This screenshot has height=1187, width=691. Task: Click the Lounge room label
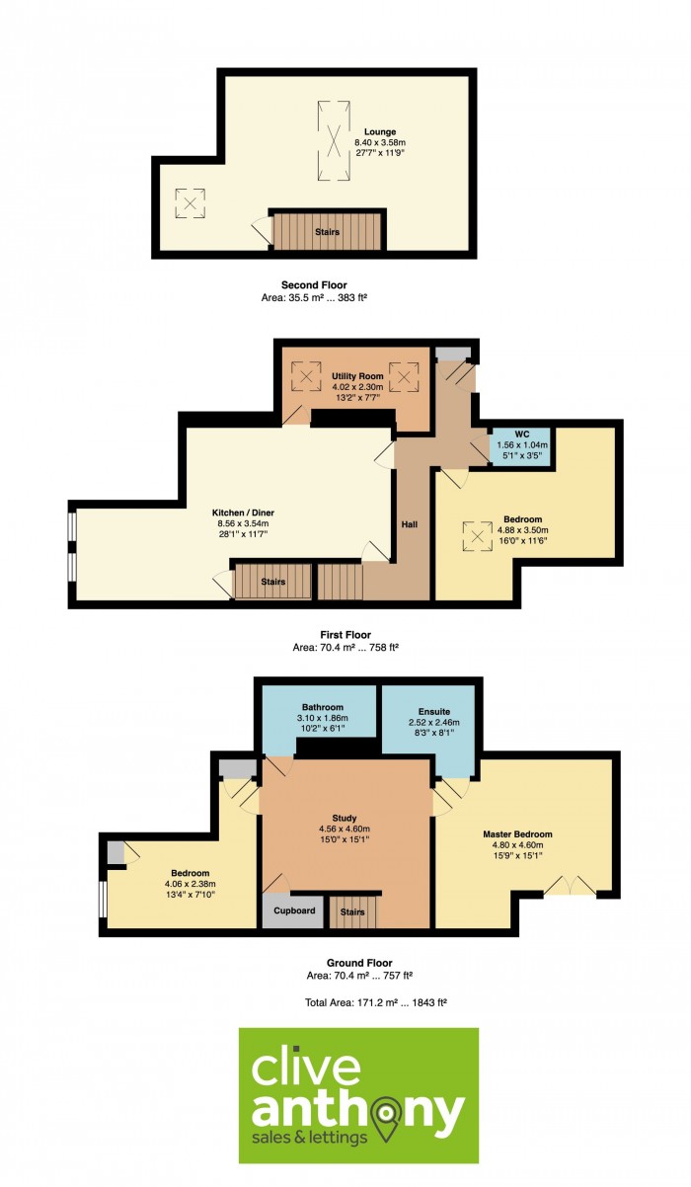coord(380,132)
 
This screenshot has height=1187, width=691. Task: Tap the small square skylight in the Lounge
coord(191,202)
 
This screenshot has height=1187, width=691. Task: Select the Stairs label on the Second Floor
coord(327,232)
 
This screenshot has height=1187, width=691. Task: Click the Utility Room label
coord(357,376)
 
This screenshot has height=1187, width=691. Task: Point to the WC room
coord(522,445)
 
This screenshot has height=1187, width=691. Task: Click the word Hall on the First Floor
coord(409,524)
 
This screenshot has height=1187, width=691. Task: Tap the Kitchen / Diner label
coord(243,513)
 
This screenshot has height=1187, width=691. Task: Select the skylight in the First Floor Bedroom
coord(478,536)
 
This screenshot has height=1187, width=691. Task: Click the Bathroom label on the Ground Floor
coord(323,707)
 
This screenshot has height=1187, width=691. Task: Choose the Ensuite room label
coord(434,712)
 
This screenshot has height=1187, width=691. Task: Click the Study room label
coord(345,819)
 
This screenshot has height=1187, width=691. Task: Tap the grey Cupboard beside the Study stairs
coord(293,910)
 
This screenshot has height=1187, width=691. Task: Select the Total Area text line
coord(376,1002)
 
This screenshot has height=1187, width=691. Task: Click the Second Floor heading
coord(314,285)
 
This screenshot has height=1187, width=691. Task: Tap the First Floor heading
coord(345,635)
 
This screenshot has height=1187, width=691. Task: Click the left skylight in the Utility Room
coord(306,377)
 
